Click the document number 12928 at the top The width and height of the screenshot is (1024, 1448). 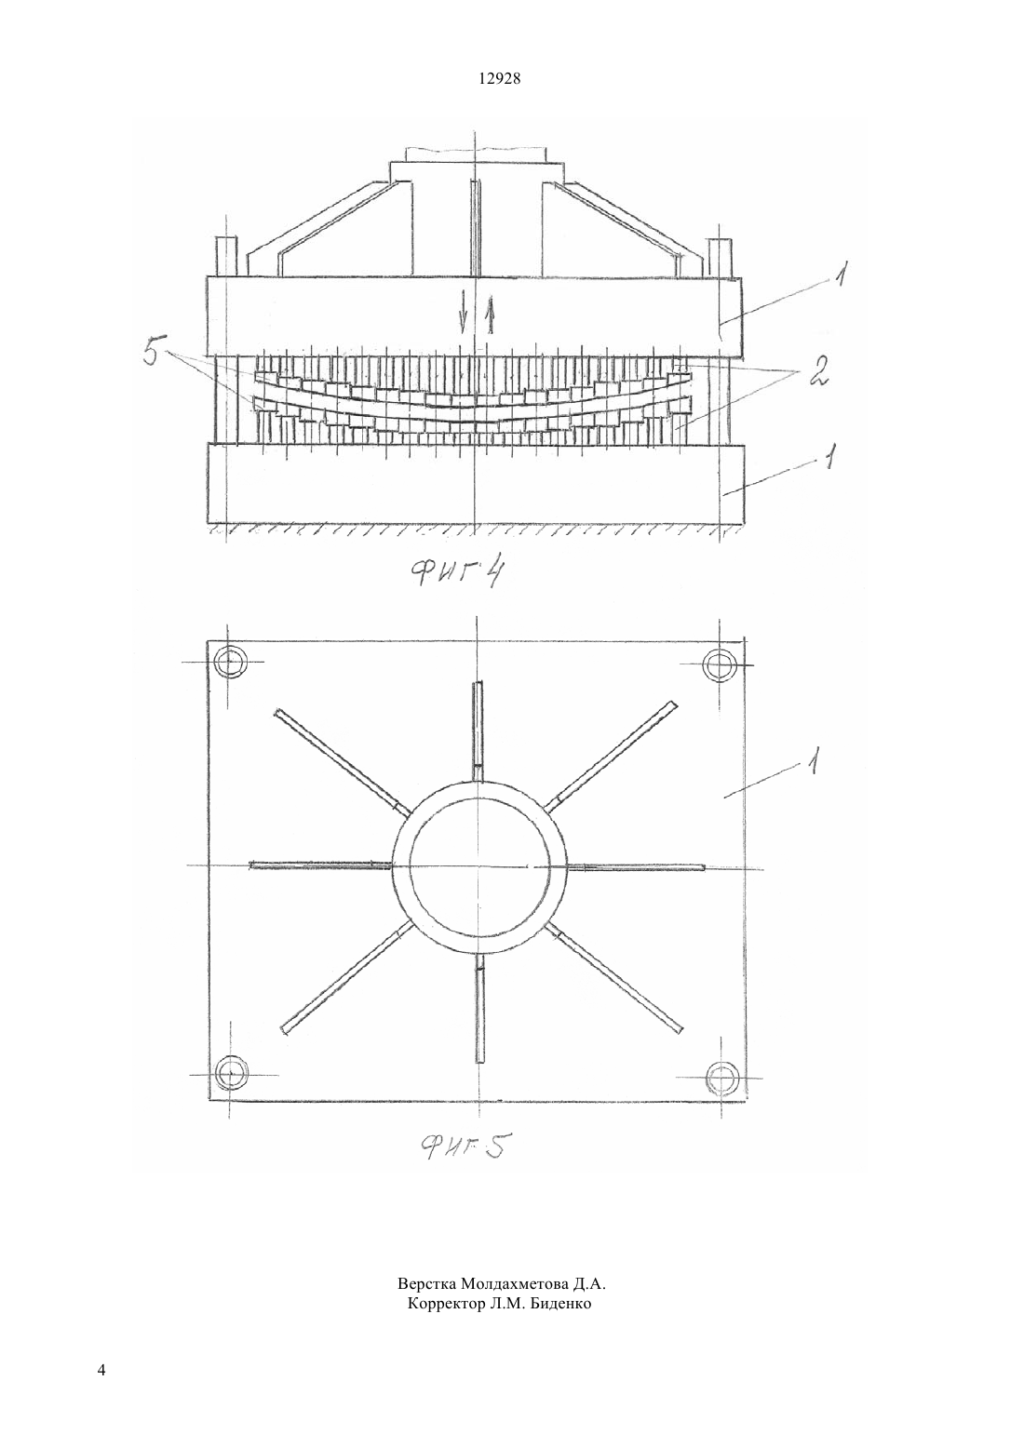point(500,79)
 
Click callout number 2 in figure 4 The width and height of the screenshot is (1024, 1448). point(817,372)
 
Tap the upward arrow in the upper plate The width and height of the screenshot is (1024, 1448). point(490,315)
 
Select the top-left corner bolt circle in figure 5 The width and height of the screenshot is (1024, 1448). point(230,662)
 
